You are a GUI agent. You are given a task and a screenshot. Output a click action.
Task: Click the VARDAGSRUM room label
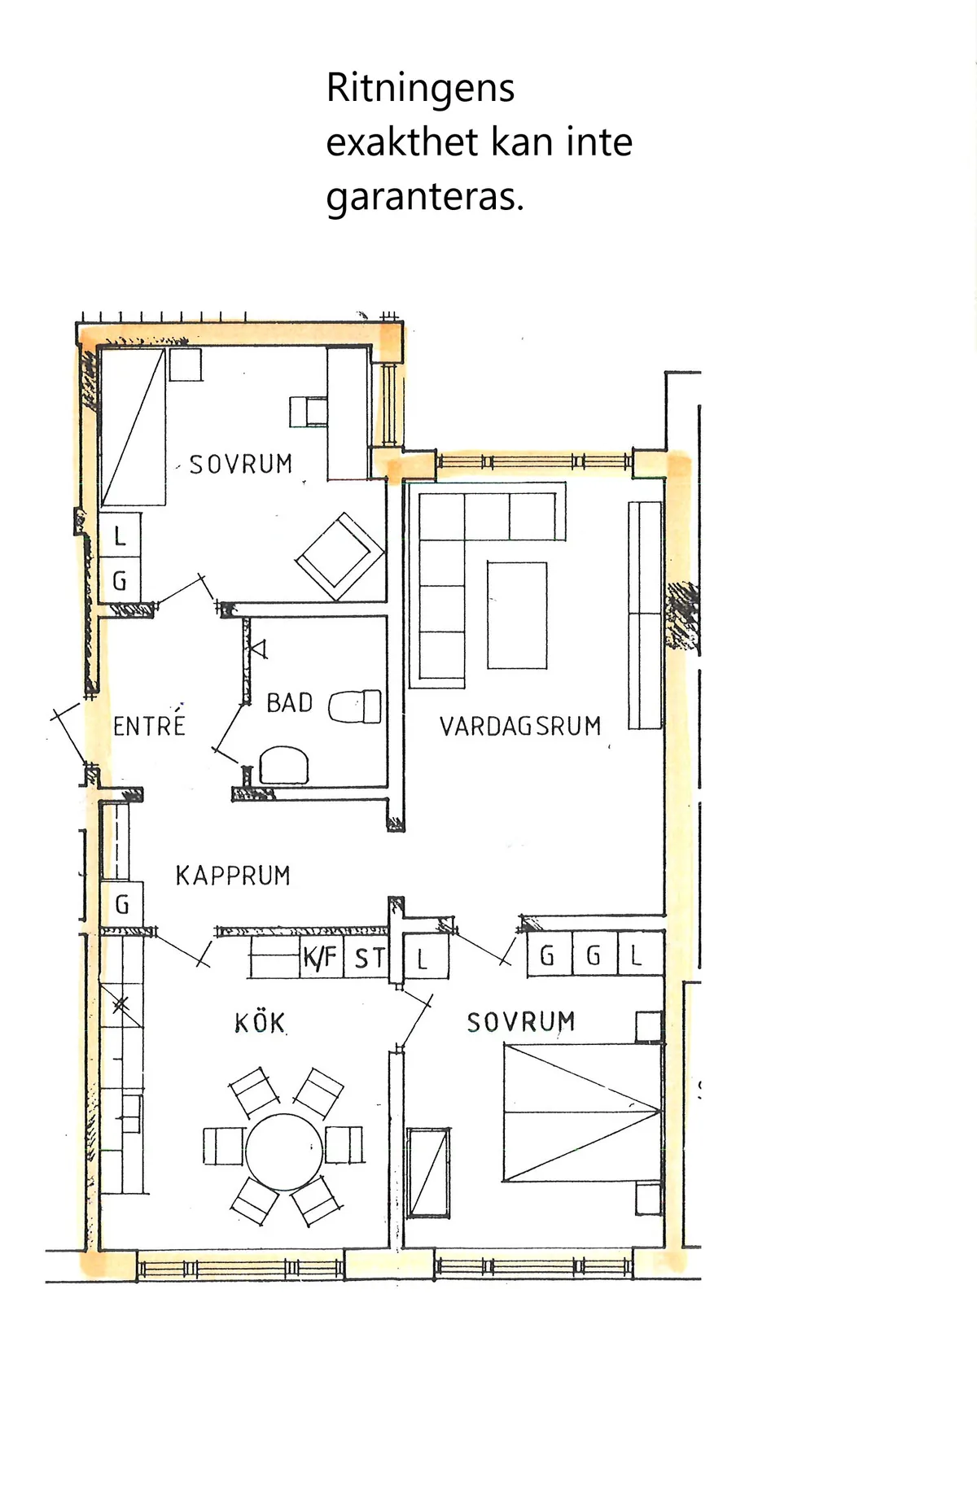(520, 726)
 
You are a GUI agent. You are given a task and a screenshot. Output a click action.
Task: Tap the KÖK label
(261, 1022)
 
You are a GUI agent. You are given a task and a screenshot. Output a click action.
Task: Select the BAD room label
(290, 702)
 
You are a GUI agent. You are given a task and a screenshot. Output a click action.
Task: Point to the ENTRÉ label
(149, 724)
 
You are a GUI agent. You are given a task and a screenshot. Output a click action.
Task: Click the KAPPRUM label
(233, 876)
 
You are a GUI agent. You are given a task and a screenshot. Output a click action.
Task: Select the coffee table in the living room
(517, 615)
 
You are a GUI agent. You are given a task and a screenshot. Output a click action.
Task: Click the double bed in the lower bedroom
(582, 1112)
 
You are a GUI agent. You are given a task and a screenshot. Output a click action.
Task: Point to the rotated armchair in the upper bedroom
(340, 557)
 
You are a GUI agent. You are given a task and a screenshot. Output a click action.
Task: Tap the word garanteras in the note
(425, 197)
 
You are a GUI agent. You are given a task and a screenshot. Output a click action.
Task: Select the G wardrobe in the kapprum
(122, 904)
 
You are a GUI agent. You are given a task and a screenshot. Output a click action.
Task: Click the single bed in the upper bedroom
(133, 427)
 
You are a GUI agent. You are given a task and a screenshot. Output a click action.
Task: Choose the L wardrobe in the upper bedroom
(120, 535)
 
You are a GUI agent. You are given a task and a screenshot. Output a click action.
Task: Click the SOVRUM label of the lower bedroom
(521, 1022)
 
